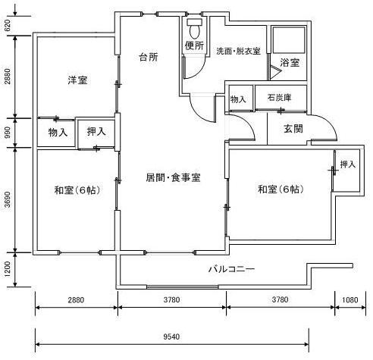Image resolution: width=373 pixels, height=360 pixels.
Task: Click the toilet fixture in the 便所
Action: [x=195, y=28]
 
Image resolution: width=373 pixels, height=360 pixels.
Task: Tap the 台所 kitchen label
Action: [x=149, y=57]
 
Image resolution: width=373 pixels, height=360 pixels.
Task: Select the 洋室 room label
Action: [x=77, y=80]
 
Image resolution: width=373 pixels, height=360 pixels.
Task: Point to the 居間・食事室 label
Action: [x=173, y=177]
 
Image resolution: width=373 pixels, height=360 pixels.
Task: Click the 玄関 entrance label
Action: [x=293, y=129]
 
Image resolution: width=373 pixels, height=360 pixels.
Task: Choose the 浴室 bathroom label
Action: [x=290, y=62]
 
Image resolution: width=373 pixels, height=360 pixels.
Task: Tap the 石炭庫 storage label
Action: [x=279, y=98]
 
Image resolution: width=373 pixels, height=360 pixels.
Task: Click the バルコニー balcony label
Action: [x=231, y=269]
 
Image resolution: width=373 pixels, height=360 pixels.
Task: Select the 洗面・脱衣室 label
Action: [x=238, y=51]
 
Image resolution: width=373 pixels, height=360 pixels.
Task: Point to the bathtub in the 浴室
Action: [x=289, y=39]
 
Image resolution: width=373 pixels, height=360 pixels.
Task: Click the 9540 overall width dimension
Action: [x=171, y=337]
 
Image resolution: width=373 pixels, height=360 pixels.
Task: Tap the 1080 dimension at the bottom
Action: [x=350, y=300]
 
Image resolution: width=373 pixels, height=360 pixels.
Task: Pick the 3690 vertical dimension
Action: [x=8, y=199]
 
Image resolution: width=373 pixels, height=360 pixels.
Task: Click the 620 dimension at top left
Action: [x=8, y=25]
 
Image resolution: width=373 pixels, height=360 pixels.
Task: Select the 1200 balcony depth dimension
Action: [x=8, y=269]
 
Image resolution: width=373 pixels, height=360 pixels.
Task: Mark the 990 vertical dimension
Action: [x=8, y=132]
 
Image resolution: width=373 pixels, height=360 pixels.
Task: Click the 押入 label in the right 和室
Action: [x=348, y=164]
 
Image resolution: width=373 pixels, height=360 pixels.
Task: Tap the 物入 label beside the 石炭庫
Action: [x=238, y=99]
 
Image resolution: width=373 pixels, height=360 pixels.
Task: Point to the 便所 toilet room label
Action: [x=194, y=45]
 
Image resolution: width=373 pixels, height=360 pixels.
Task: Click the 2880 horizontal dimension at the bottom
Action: [x=76, y=300]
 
